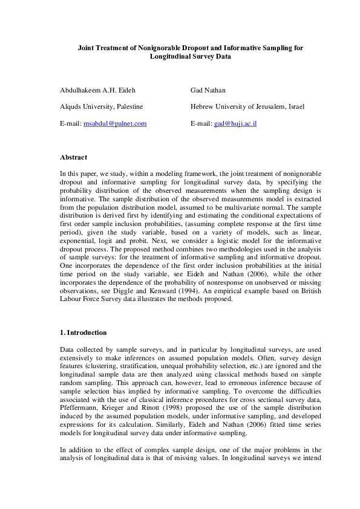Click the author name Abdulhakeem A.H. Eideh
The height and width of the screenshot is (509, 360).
(x=97, y=90)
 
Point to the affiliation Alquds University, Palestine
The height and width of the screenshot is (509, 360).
(x=101, y=106)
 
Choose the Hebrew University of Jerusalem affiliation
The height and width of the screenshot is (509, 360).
(x=247, y=106)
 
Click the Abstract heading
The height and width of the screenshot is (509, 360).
(x=73, y=157)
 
